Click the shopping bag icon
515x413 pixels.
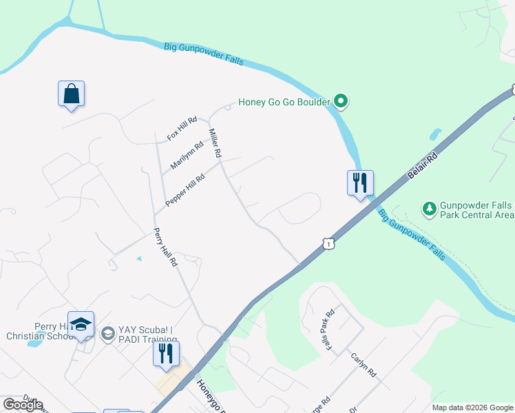pos(72,94)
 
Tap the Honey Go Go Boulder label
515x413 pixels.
pos(284,103)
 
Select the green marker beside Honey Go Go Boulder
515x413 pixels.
pos(341,103)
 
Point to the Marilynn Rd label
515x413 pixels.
pos(187,155)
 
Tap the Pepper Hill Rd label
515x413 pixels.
pos(185,191)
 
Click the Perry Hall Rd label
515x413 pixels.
pos(166,247)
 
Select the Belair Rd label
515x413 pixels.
pos(422,166)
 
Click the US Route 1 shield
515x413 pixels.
pos(328,244)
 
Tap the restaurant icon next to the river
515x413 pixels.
pos(359,183)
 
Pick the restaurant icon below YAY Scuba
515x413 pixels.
pos(166,354)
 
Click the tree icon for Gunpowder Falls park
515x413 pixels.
pos(430,208)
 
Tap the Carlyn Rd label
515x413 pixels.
pos(364,365)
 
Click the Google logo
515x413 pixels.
pos(23,405)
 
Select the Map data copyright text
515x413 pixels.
pos(472,407)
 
